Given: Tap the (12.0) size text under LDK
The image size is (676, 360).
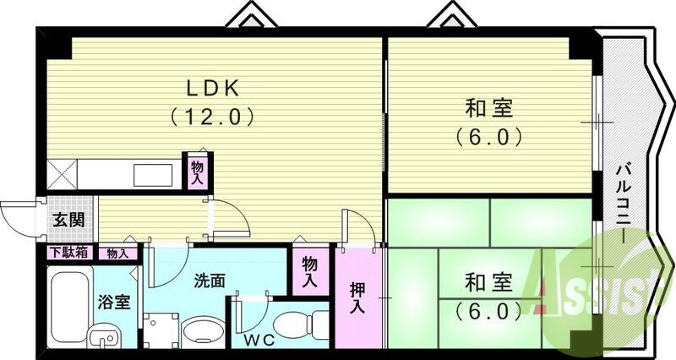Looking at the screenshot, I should click(215, 115).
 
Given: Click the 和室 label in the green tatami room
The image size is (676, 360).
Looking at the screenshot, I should click(489, 281).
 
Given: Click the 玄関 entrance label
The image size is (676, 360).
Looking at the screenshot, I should click(68, 221).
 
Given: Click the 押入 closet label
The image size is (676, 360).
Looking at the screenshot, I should click(358, 295).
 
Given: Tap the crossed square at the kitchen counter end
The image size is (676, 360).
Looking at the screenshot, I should click(63, 175).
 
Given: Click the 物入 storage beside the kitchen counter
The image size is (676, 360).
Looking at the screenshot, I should click(198, 172).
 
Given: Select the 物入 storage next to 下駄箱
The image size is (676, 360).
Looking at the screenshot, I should click(117, 252).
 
